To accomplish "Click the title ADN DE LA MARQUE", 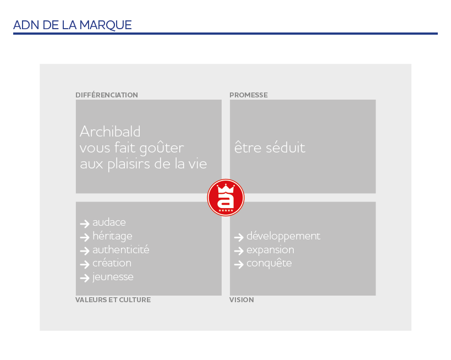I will (72, 25).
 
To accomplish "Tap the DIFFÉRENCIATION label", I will (107, 95).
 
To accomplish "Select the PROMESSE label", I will (249, 95).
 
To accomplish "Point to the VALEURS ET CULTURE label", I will (113, 300).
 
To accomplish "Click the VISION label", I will (241, 300).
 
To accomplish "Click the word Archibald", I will (110, 132).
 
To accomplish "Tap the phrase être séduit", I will (269, 148).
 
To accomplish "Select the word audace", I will (109, 222).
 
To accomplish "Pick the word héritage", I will (112, 236).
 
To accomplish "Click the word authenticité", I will (120, 250).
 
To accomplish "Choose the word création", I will (112, 263).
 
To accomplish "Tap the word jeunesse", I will (113, 277).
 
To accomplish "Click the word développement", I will (283, 236).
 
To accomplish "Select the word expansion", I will (270, 250).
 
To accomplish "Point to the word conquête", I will (269, 263).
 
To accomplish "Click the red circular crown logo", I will (226, 198).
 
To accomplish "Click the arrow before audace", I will (84, 223).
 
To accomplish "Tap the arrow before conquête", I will (238, 264).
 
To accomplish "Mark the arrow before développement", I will (238, 237).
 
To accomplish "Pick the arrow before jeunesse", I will (84, 278).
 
